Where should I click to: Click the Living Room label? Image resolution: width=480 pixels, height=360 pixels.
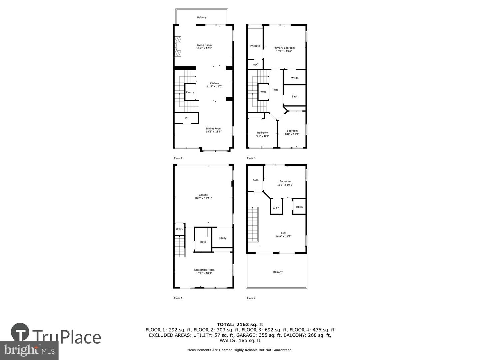[x=204, y=45]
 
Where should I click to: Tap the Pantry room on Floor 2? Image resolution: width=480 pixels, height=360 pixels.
[x=190, y=92]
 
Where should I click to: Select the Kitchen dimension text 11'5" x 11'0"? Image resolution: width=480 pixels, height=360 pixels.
[x=214, y=87]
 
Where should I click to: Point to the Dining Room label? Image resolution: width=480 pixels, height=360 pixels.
[x=213, y=129]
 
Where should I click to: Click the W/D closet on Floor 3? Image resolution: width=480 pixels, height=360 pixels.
[x=263, y=92]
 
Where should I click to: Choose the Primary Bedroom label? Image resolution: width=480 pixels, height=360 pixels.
[x=284, y=48]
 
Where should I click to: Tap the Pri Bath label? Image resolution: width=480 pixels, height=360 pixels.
[x=255, y=46]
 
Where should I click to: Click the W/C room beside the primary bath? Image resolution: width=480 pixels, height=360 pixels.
[x=255, y=64]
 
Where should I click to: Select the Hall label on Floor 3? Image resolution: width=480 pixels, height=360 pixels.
[x=276, y=90]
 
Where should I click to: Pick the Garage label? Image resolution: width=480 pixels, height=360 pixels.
[x=203, y=195]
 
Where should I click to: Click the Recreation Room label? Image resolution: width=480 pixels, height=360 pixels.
[x=204, y=270]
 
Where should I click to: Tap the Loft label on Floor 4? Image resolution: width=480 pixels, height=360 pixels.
[x=283, y=233]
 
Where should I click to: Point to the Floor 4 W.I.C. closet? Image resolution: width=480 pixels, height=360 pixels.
[x=276, y=208]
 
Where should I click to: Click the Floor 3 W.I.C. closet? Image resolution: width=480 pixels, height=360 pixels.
[x=295, y=78]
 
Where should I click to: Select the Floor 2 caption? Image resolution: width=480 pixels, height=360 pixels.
[x=178, y=158]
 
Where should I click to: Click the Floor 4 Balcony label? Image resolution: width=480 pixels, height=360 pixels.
[x=278, y=272]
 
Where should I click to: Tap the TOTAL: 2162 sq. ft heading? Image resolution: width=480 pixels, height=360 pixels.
[x=240, y=324]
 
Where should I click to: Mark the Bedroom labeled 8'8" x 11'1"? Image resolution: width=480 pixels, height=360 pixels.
[x=292, y=132]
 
